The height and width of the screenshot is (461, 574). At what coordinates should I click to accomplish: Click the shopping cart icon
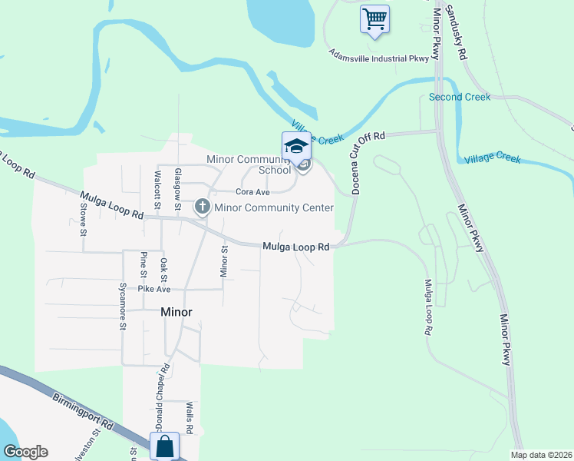point(374,18)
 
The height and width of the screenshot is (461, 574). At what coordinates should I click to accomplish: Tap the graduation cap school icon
point(296,145)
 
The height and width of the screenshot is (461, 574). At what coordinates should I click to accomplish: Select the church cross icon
point(202,206)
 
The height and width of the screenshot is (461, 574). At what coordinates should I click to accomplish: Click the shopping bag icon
point(165,446)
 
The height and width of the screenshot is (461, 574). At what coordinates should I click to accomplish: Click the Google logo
point(25,452)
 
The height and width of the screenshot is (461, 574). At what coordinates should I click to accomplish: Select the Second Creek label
point(459,98)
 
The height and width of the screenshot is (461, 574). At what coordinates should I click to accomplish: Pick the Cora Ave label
point(253,192)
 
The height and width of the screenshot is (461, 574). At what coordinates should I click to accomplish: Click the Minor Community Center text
point(274,207)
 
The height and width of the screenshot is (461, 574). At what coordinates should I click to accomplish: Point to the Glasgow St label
point(177,190)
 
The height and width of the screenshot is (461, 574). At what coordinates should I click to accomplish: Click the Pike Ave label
point(153,289)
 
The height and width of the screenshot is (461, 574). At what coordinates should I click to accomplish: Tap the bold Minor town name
point(176,312)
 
